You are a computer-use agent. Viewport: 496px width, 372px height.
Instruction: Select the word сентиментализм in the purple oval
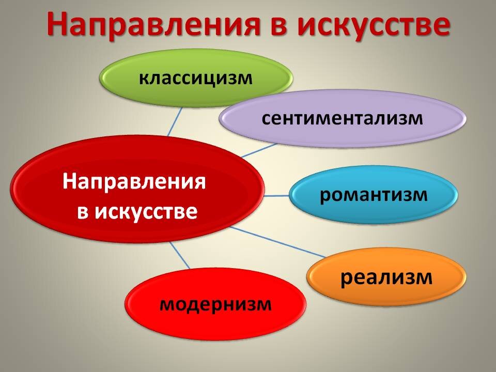[x=342, y=118]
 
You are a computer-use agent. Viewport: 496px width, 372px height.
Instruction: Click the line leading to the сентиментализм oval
[x=258, y=150]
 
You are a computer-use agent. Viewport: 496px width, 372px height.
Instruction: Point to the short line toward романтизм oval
[x=276, y=196]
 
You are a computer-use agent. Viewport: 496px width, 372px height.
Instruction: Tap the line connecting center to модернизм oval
[x=180, y=256]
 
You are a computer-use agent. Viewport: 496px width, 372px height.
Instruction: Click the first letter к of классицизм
[x=143, y=79]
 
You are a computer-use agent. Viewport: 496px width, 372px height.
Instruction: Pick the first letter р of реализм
[x=346, y=278]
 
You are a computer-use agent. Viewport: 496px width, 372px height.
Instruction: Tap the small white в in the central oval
[x=82, y=212]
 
